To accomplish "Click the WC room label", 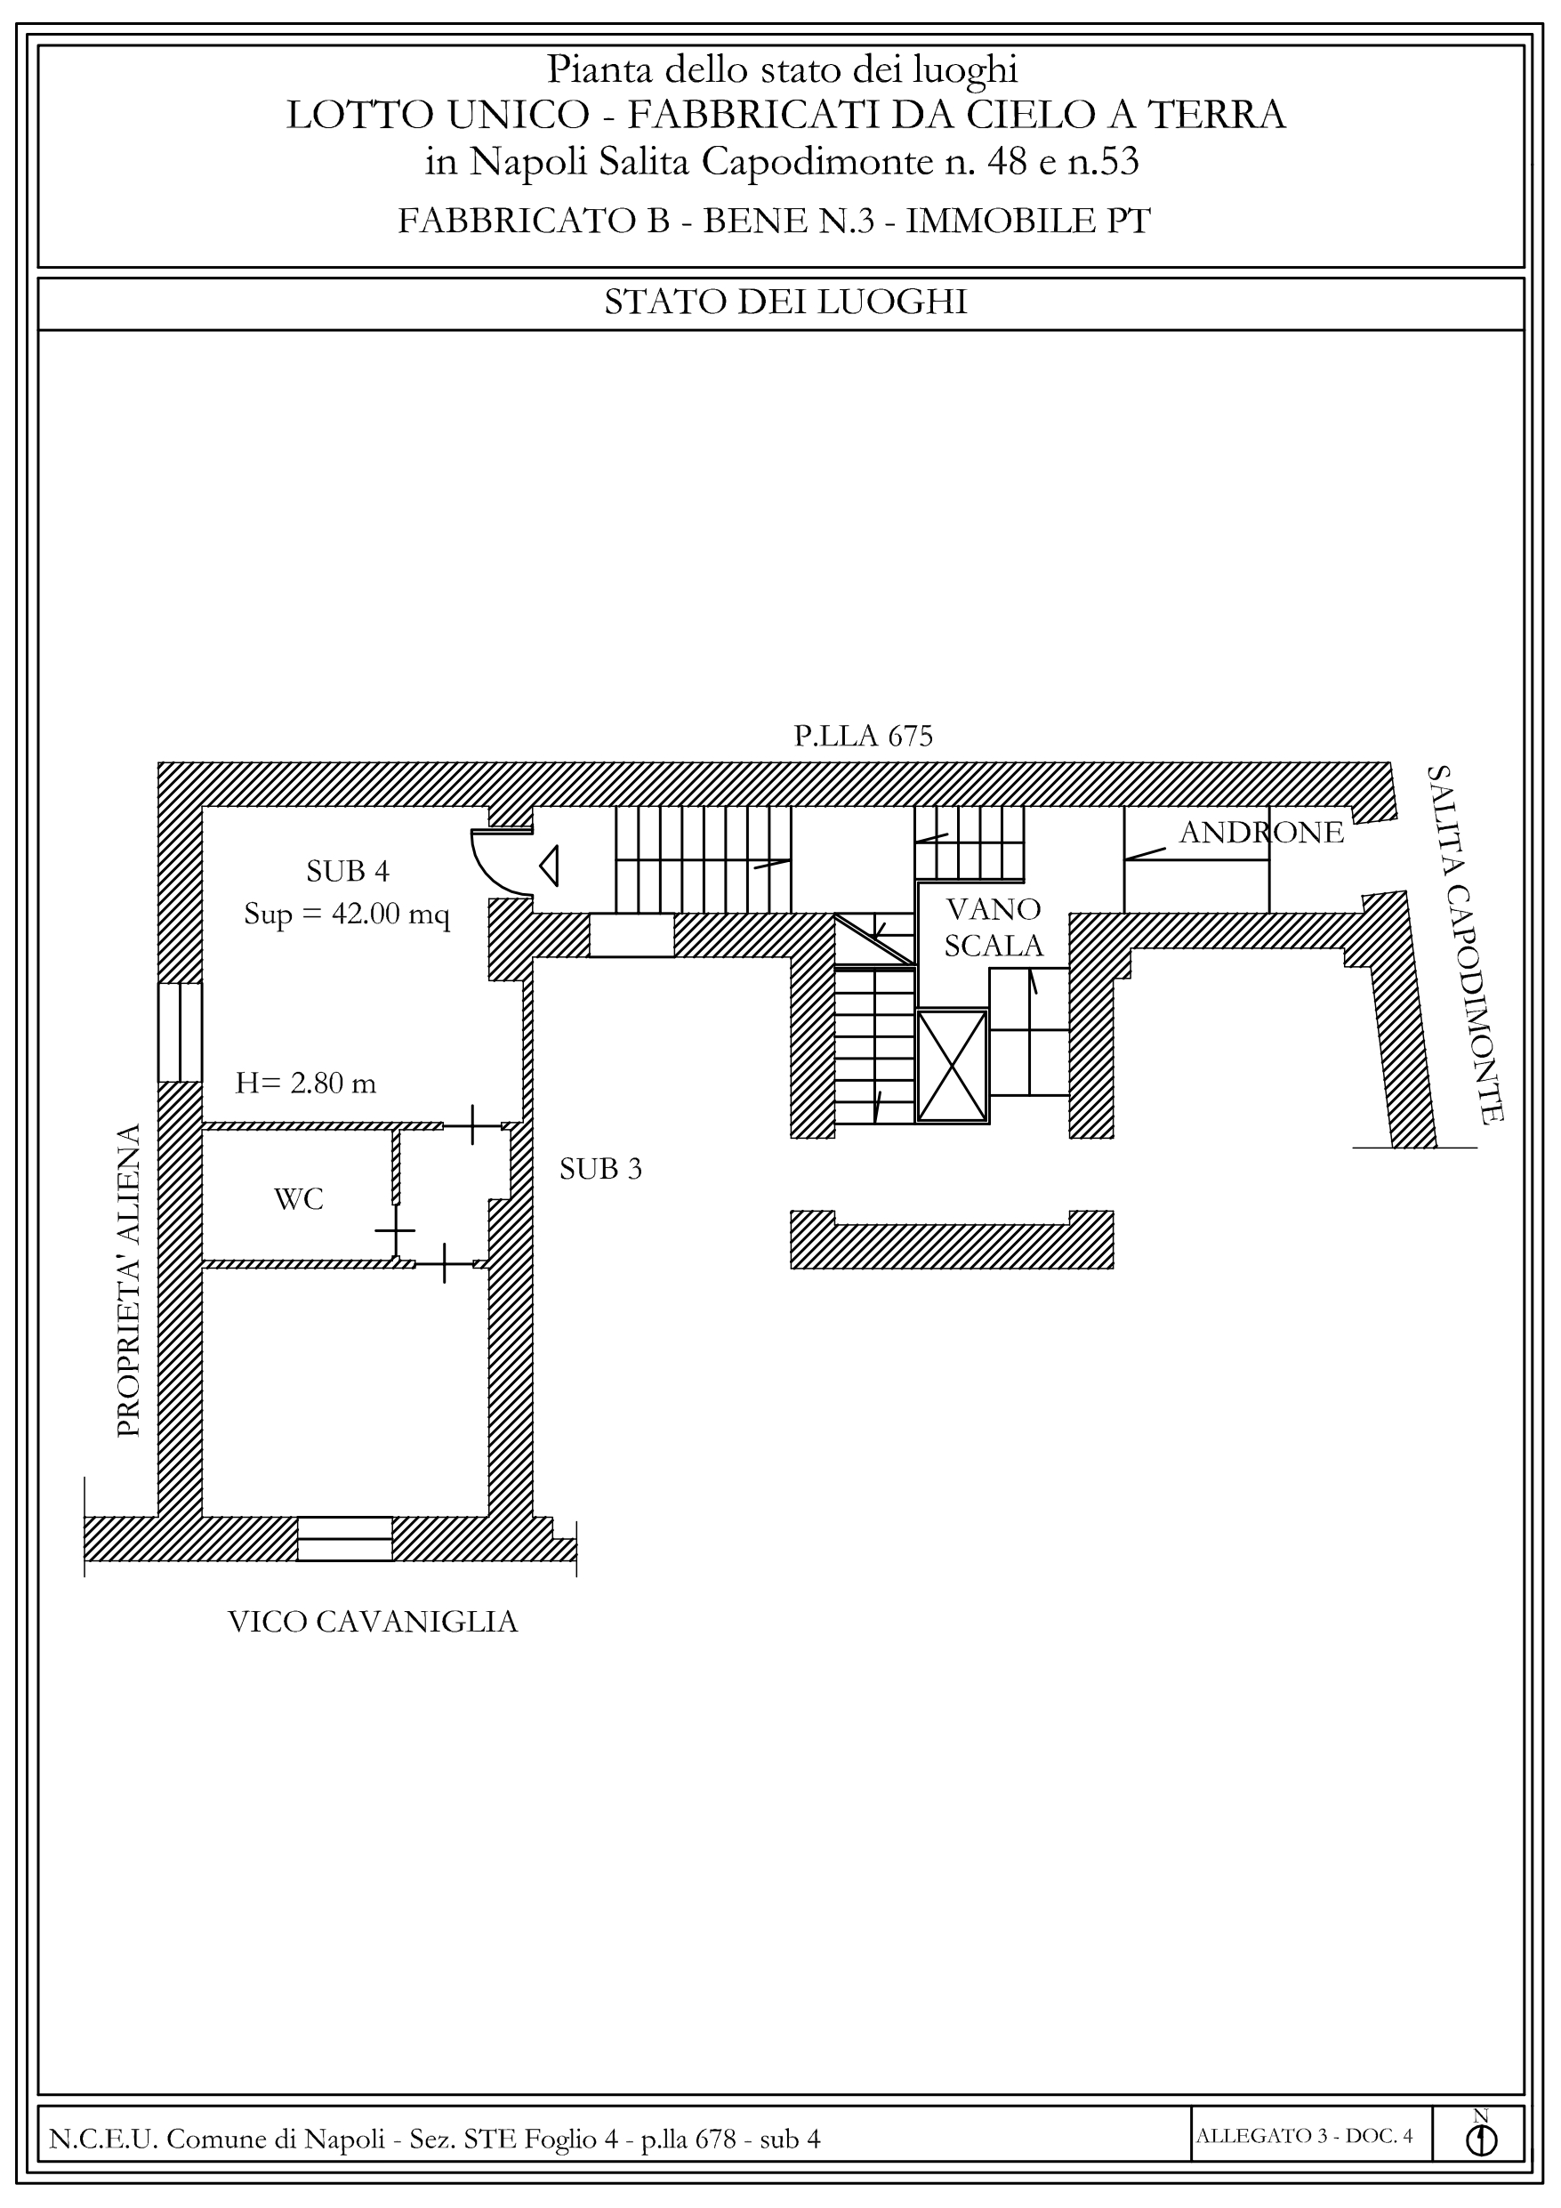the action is [x=298, y=1199].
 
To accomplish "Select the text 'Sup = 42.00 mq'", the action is [x=346, y=914].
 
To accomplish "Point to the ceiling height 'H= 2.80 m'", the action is [x=305, y=1084].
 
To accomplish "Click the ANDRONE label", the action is [x=1261, y=832].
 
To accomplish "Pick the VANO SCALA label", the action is [x=994, y=927].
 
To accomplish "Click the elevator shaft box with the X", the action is [x=953, y=1066].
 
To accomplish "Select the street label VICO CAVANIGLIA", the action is [x=374, y=1623].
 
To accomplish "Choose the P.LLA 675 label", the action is [x=863, y=736].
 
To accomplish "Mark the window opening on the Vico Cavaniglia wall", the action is [x=344, y=1539].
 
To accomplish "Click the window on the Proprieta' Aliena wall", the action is [x=180, y=1032].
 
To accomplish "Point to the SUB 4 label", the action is [x=347, y=871].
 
